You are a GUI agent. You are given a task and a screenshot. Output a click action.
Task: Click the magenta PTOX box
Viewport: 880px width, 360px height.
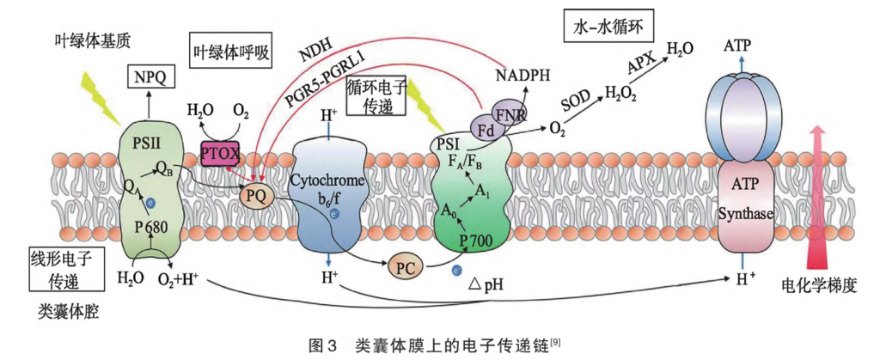pyautogui.click(x=222, y=153)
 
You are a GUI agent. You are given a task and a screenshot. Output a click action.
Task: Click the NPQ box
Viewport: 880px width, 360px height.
pyautogui.click(x=150, y=79)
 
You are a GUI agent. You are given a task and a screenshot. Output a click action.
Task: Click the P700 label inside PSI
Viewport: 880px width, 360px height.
pyautogui.click(x=478, y=240)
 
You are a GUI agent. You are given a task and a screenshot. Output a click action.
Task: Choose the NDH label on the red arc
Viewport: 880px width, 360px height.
pyautogui.click(x=316, y=52)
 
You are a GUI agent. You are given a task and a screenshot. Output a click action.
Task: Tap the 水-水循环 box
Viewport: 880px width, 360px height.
pyautogui.click(x=607, y=27)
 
